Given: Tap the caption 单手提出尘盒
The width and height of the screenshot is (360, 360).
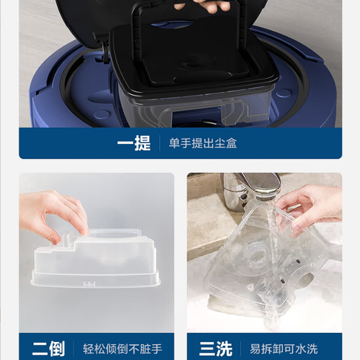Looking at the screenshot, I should tap(202, 143).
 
